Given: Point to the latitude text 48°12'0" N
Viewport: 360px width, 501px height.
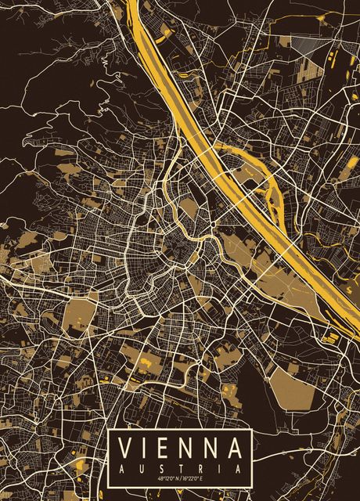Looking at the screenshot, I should pyautogui.click(x=167, y=479).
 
